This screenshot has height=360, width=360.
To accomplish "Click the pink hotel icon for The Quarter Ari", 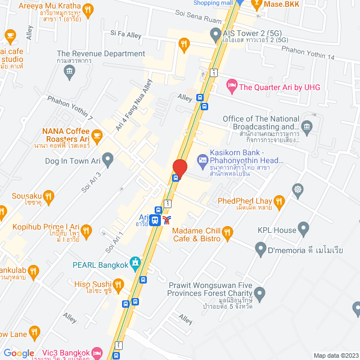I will pos(231,86).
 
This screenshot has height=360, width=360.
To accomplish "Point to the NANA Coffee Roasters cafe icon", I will pos(97,134).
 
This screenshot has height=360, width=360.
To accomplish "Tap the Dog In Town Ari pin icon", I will pos(109,161).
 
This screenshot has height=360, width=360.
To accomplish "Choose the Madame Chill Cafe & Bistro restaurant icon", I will pos(227,232).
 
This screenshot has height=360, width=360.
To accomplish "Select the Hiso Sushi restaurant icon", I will pos(118,289).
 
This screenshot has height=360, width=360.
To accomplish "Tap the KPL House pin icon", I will pos(304,229).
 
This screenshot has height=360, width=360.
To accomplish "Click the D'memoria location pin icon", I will pos(260,247).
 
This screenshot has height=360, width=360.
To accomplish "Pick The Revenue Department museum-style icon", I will pos(69,70).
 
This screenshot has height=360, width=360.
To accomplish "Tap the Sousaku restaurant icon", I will pos(49,196).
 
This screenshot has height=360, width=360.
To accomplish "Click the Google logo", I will pos(18,353).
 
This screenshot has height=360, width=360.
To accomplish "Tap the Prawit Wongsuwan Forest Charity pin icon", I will pos(259,293).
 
